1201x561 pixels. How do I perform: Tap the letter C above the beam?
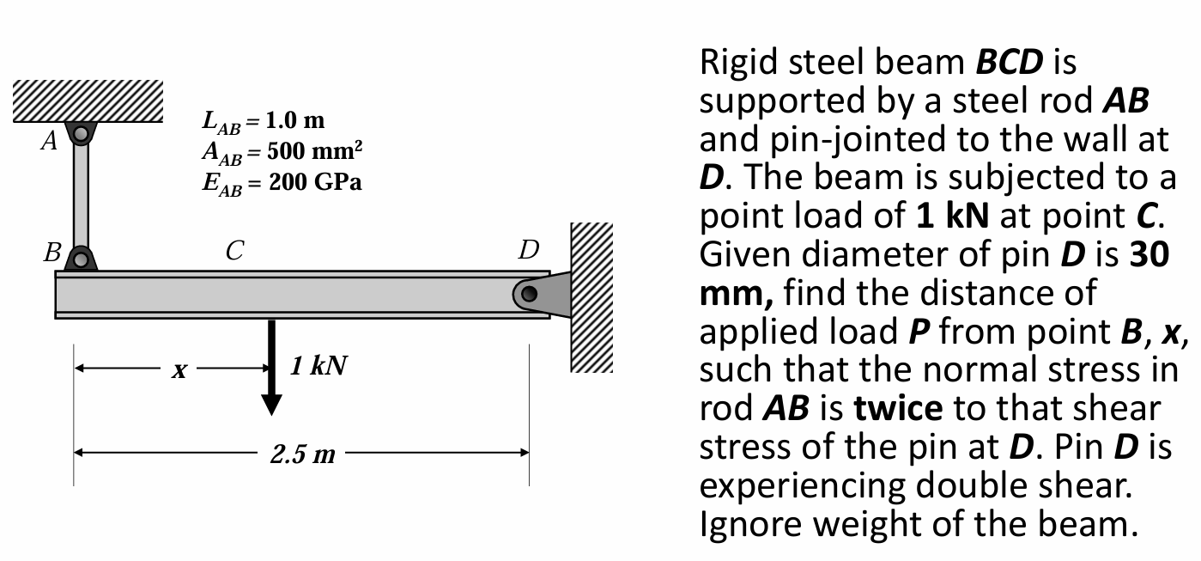pyautogui.click(x=234, y=251)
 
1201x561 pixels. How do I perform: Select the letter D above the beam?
pyautogui.click(x=529, y=251)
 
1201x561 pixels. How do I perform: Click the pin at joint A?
pyautogui.click(x=81, y=133)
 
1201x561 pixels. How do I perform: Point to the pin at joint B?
pyautogui.click(x=81, y=258)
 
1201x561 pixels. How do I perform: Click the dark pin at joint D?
pyautogui.click(x=530, y=294)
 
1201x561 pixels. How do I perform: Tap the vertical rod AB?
pyautogui.click(x=81, y=196)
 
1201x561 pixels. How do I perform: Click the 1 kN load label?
pyautogui.click(x=318, y=367)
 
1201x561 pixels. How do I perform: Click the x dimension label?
pyautogui.click(x=179, y=370)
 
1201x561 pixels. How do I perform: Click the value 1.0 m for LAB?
pyautogui.click(x=292, y=121)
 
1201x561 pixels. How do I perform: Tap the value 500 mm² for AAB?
pyautogui.click(x=314, y=152)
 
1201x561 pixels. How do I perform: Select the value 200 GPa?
pyautogui.click(x=314, y=183)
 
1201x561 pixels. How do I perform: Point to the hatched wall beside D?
pyautogui.click(x=591, y=296)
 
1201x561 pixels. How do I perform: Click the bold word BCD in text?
pyautogui.click(x=1010, y=63)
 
